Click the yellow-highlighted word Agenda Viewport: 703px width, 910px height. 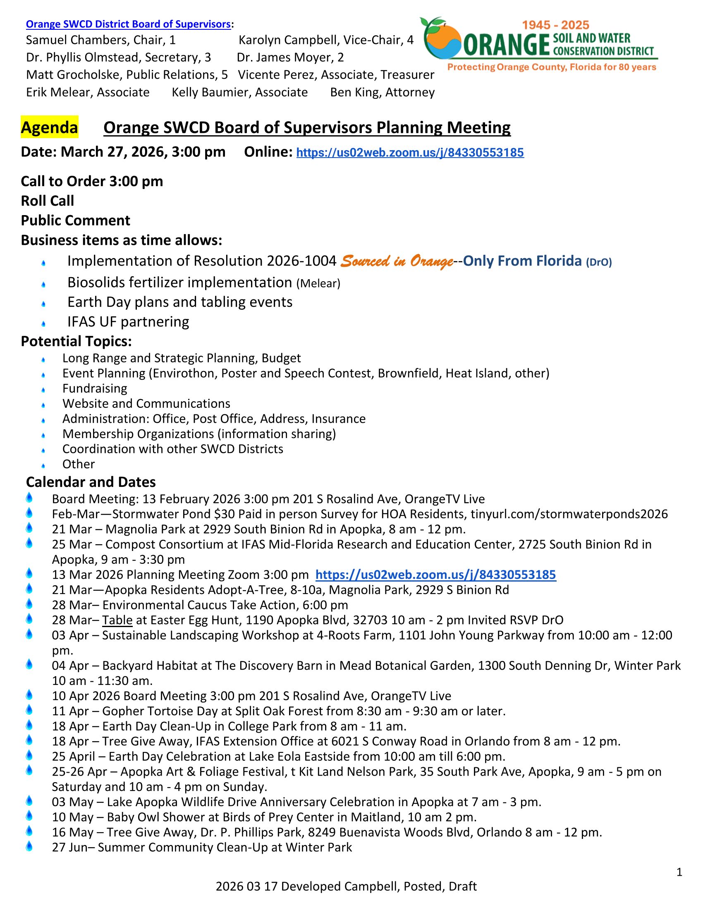(x=50, y=127)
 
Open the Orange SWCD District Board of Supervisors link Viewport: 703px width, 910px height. (x=128, y=24)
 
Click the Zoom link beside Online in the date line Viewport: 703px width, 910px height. (x=410, y=153)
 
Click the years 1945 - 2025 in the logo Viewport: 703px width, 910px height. (x=555, y=25)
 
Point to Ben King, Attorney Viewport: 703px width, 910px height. (x=383, y=92)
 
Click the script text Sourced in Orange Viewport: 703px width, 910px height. (x=397, y=261)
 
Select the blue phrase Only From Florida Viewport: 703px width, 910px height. (x=522, y=261)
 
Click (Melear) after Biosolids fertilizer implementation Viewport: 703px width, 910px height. (x=318, y=284)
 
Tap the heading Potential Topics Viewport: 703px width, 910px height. (x=76, y=341)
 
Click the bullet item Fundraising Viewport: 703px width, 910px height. (x=95, y=388)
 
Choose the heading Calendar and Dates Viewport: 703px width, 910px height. (x=91, y=482)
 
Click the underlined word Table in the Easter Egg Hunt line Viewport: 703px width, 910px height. (x=117, y=620)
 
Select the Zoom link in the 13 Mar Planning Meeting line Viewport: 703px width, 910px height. (x=435, y=575)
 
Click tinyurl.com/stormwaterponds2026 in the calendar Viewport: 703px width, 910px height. (x=569, y=514)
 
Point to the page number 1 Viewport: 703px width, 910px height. (x=679, y=872)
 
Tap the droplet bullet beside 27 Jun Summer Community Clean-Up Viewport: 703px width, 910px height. (x=29, y=846)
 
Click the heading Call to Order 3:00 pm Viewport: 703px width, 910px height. (x=92, y=181)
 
